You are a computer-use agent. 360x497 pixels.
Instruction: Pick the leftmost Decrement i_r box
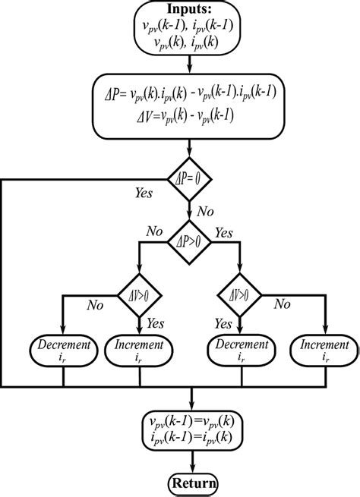[60, 350]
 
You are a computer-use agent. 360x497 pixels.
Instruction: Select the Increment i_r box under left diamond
[137, 350]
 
